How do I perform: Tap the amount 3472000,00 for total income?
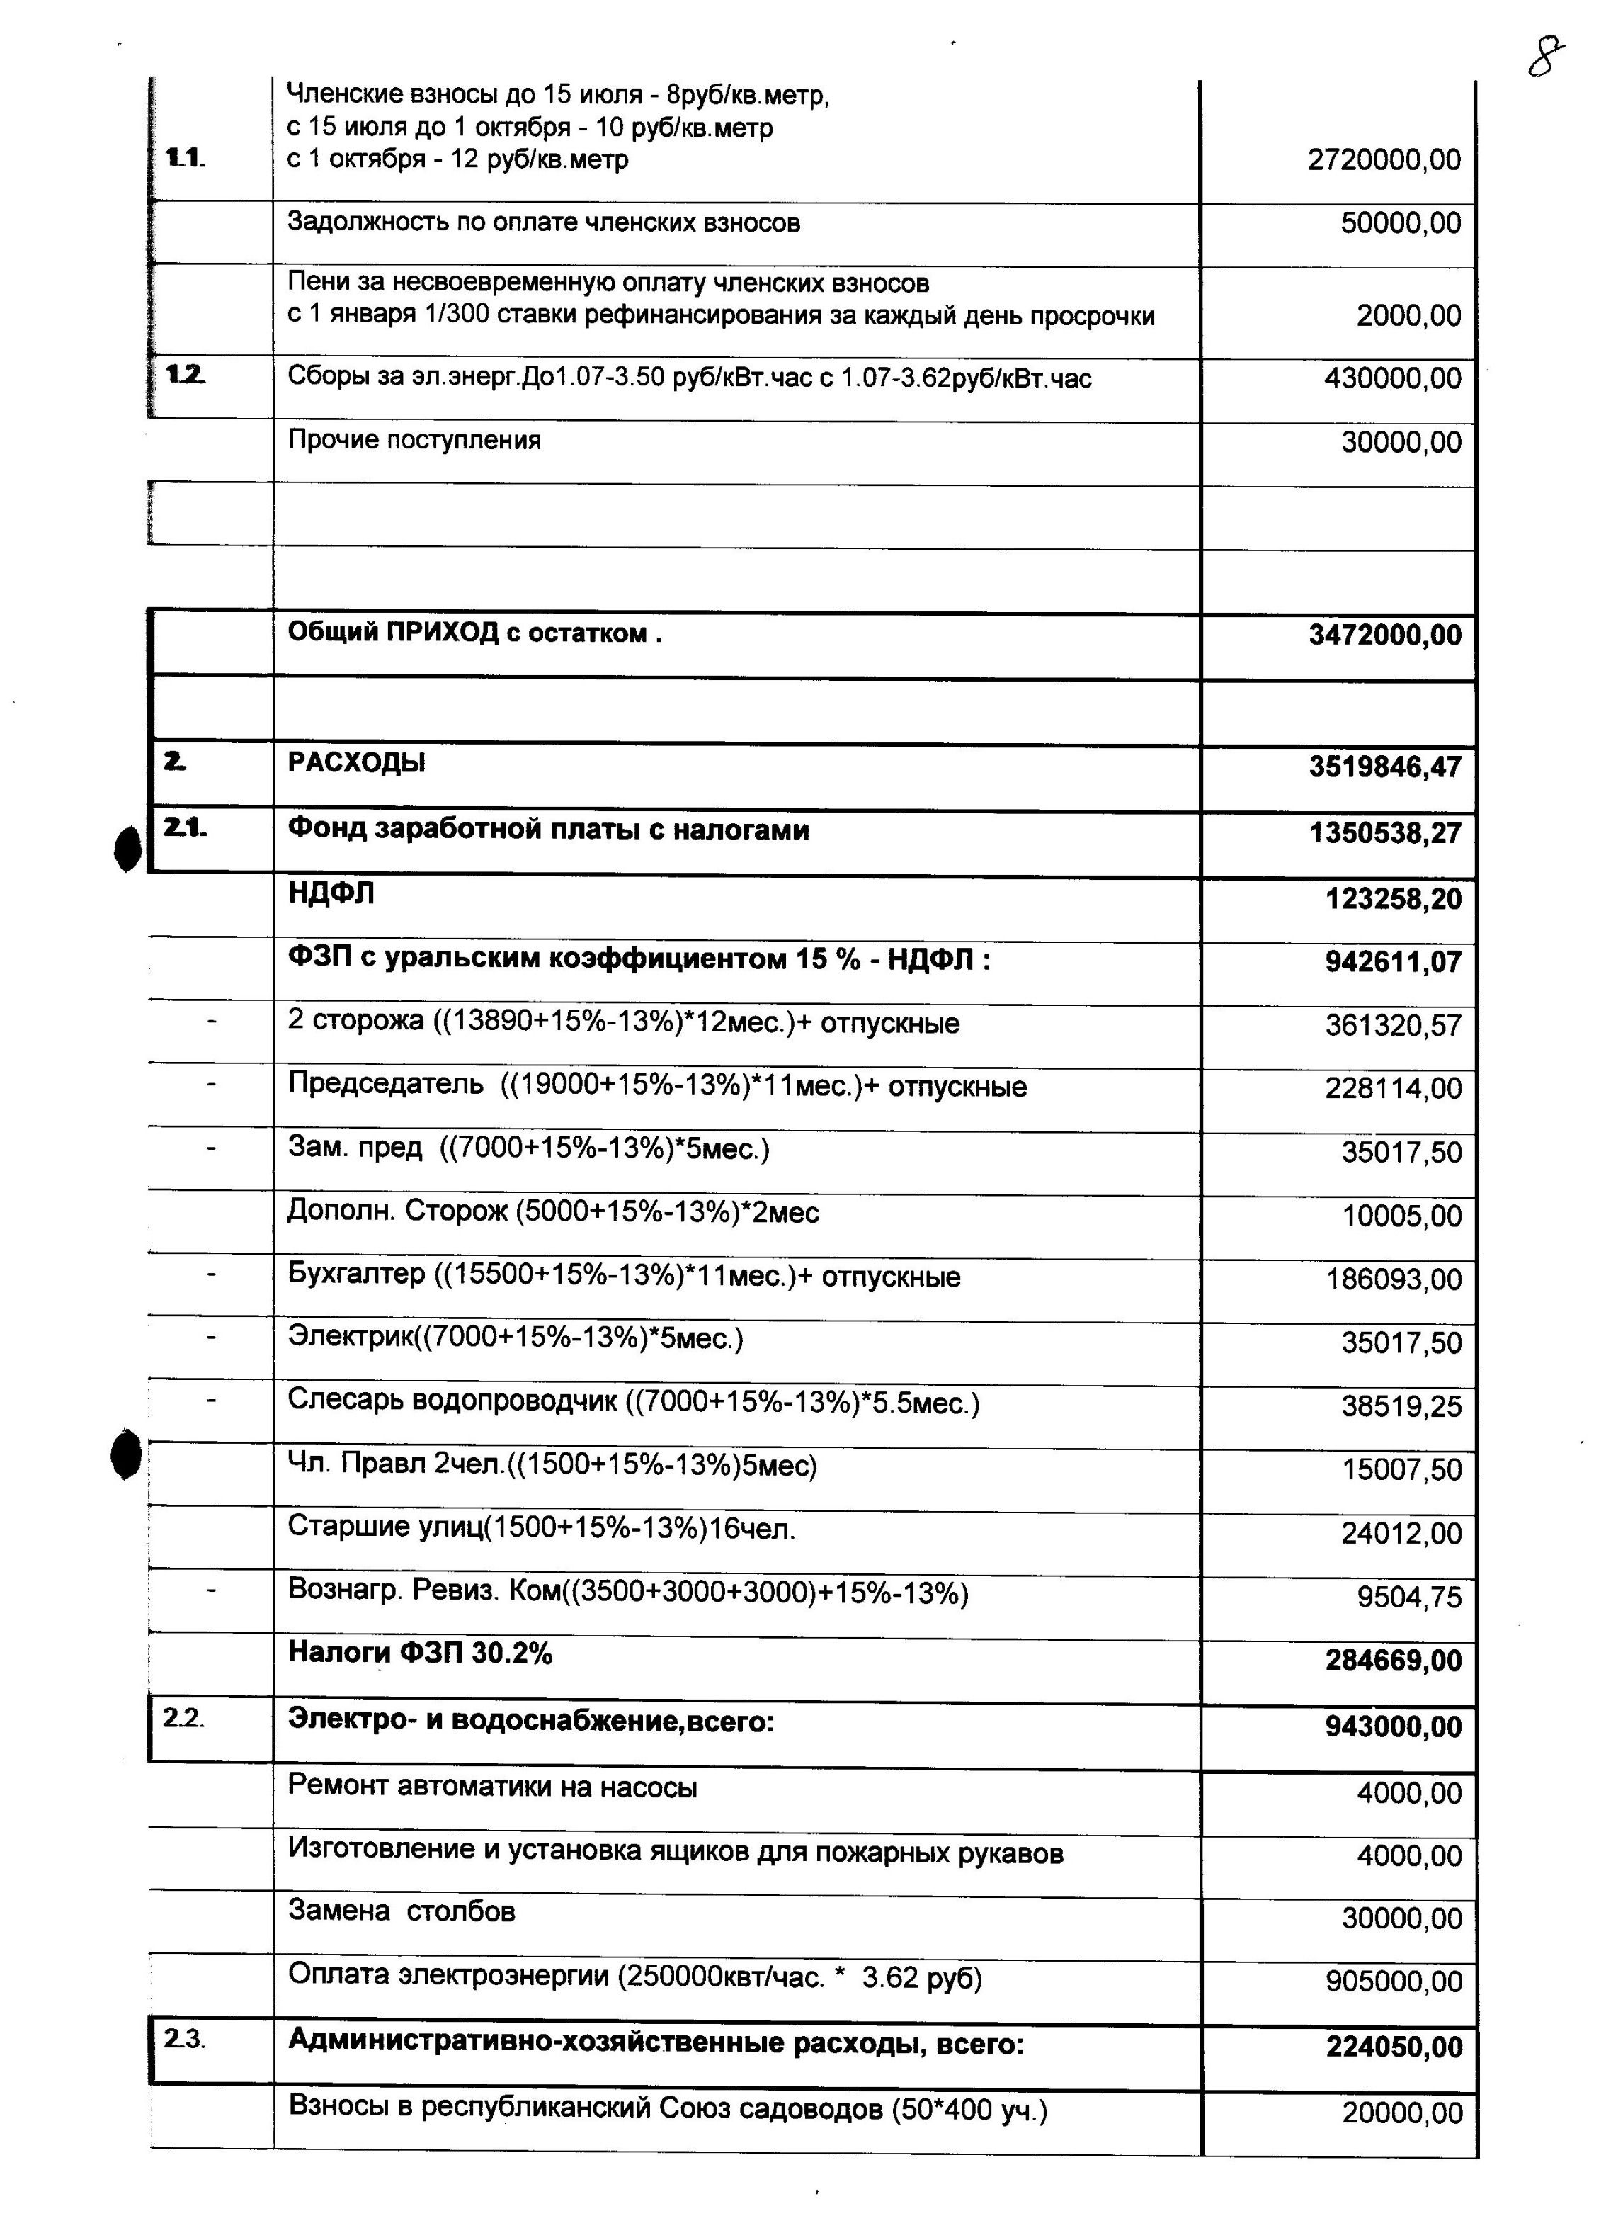click(1385, 635)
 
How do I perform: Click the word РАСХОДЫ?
click(356, 763)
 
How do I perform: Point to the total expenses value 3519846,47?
click(1385, 767)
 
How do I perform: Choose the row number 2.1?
click(185, 829)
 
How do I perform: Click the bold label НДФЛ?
click(331, 893)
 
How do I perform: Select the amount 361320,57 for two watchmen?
click(1393, 1026)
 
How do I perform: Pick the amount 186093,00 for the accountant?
click(1394, 1280)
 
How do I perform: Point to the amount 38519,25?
click(1401, 1407)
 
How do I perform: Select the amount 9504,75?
click(1409, 1597)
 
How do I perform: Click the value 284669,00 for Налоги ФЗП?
click(1394, 1662)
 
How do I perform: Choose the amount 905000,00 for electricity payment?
click(1394, 1981)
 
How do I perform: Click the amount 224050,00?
click(1394, 2047)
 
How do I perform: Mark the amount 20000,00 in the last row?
click(1401, 2113)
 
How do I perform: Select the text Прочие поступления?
click(414, 440)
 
